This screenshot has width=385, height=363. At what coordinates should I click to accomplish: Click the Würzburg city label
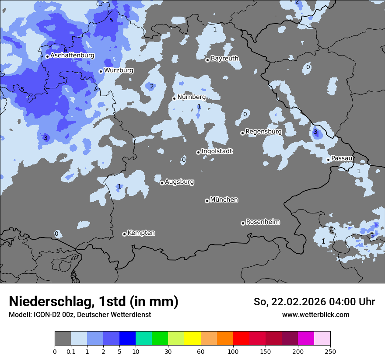pyautogui.click(x=119, y=70)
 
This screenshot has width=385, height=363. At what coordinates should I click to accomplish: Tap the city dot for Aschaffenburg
pyautogui.click(x=47, y=56)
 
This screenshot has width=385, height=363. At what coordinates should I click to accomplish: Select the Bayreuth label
pyautogui.click(x=224, y=58)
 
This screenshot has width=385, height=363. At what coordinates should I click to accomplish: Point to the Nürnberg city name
pyautogui.click(x=191, y=97)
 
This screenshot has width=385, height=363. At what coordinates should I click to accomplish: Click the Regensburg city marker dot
pyautogui.click(x=242, y=133)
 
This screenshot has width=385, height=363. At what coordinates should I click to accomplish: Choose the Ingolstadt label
pyautogui.click(x=217, y=151)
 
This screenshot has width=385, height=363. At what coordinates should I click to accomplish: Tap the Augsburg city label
pyautogui.click(x=179, y=181)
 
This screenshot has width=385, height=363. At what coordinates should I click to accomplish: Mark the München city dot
pyautogui.click(x=207, y=201)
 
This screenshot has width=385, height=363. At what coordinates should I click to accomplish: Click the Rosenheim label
pyautogui.click(x=262, y=222)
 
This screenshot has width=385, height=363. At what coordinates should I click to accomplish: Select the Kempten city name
pyautogui.click(x=141, y=233)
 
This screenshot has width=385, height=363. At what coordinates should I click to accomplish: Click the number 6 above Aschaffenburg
pyautogui.click(x=65, y=50)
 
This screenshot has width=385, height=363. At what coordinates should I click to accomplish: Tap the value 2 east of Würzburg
pyautogui.click(x=152, y=86)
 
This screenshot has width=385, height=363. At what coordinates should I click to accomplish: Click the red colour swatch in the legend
pyautogui.click(x=241, y=339)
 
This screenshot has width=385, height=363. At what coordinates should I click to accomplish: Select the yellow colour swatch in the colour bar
pyautogui.click(x=192, y=339)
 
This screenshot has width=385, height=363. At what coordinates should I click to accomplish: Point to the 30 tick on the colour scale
pyautogui.click(x=168, y=351)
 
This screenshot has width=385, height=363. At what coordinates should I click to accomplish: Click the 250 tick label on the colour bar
pyautogui.click(x=330, y=351)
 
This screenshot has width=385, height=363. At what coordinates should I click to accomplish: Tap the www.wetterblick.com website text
pyautogui.click(x=315, y=314)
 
